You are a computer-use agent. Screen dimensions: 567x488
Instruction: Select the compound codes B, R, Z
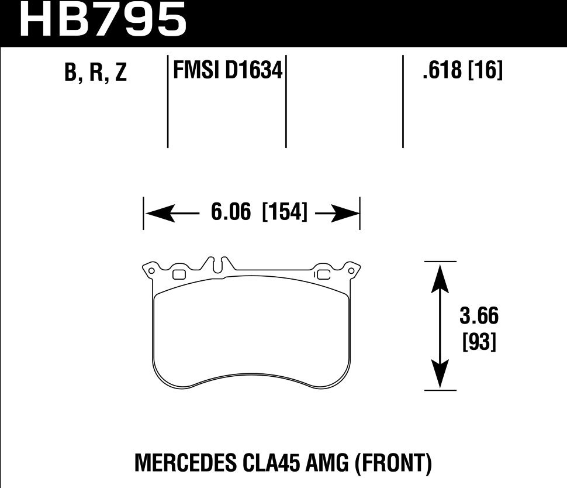[x=95, y=72]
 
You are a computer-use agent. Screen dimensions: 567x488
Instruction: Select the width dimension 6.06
[x=231, y=212]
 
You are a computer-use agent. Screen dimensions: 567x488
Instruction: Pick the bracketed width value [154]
[x=285, y=212]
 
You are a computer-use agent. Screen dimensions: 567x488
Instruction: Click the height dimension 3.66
[x=479, y=316]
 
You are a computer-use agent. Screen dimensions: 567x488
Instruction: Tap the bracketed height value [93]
[x=479, y=341]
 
